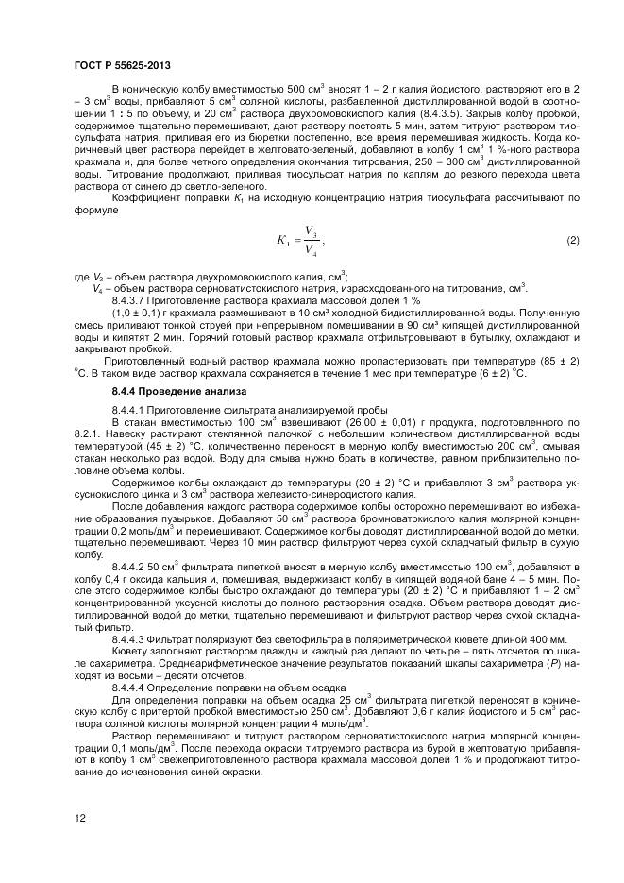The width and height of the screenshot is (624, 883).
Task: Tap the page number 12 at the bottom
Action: [x=78, y=820]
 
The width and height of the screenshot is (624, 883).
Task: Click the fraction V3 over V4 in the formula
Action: [x=312, y=241]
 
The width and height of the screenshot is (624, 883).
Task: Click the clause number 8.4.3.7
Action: [x=133, y=299]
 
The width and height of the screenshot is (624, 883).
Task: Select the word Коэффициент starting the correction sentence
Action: [x=145, y=196]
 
